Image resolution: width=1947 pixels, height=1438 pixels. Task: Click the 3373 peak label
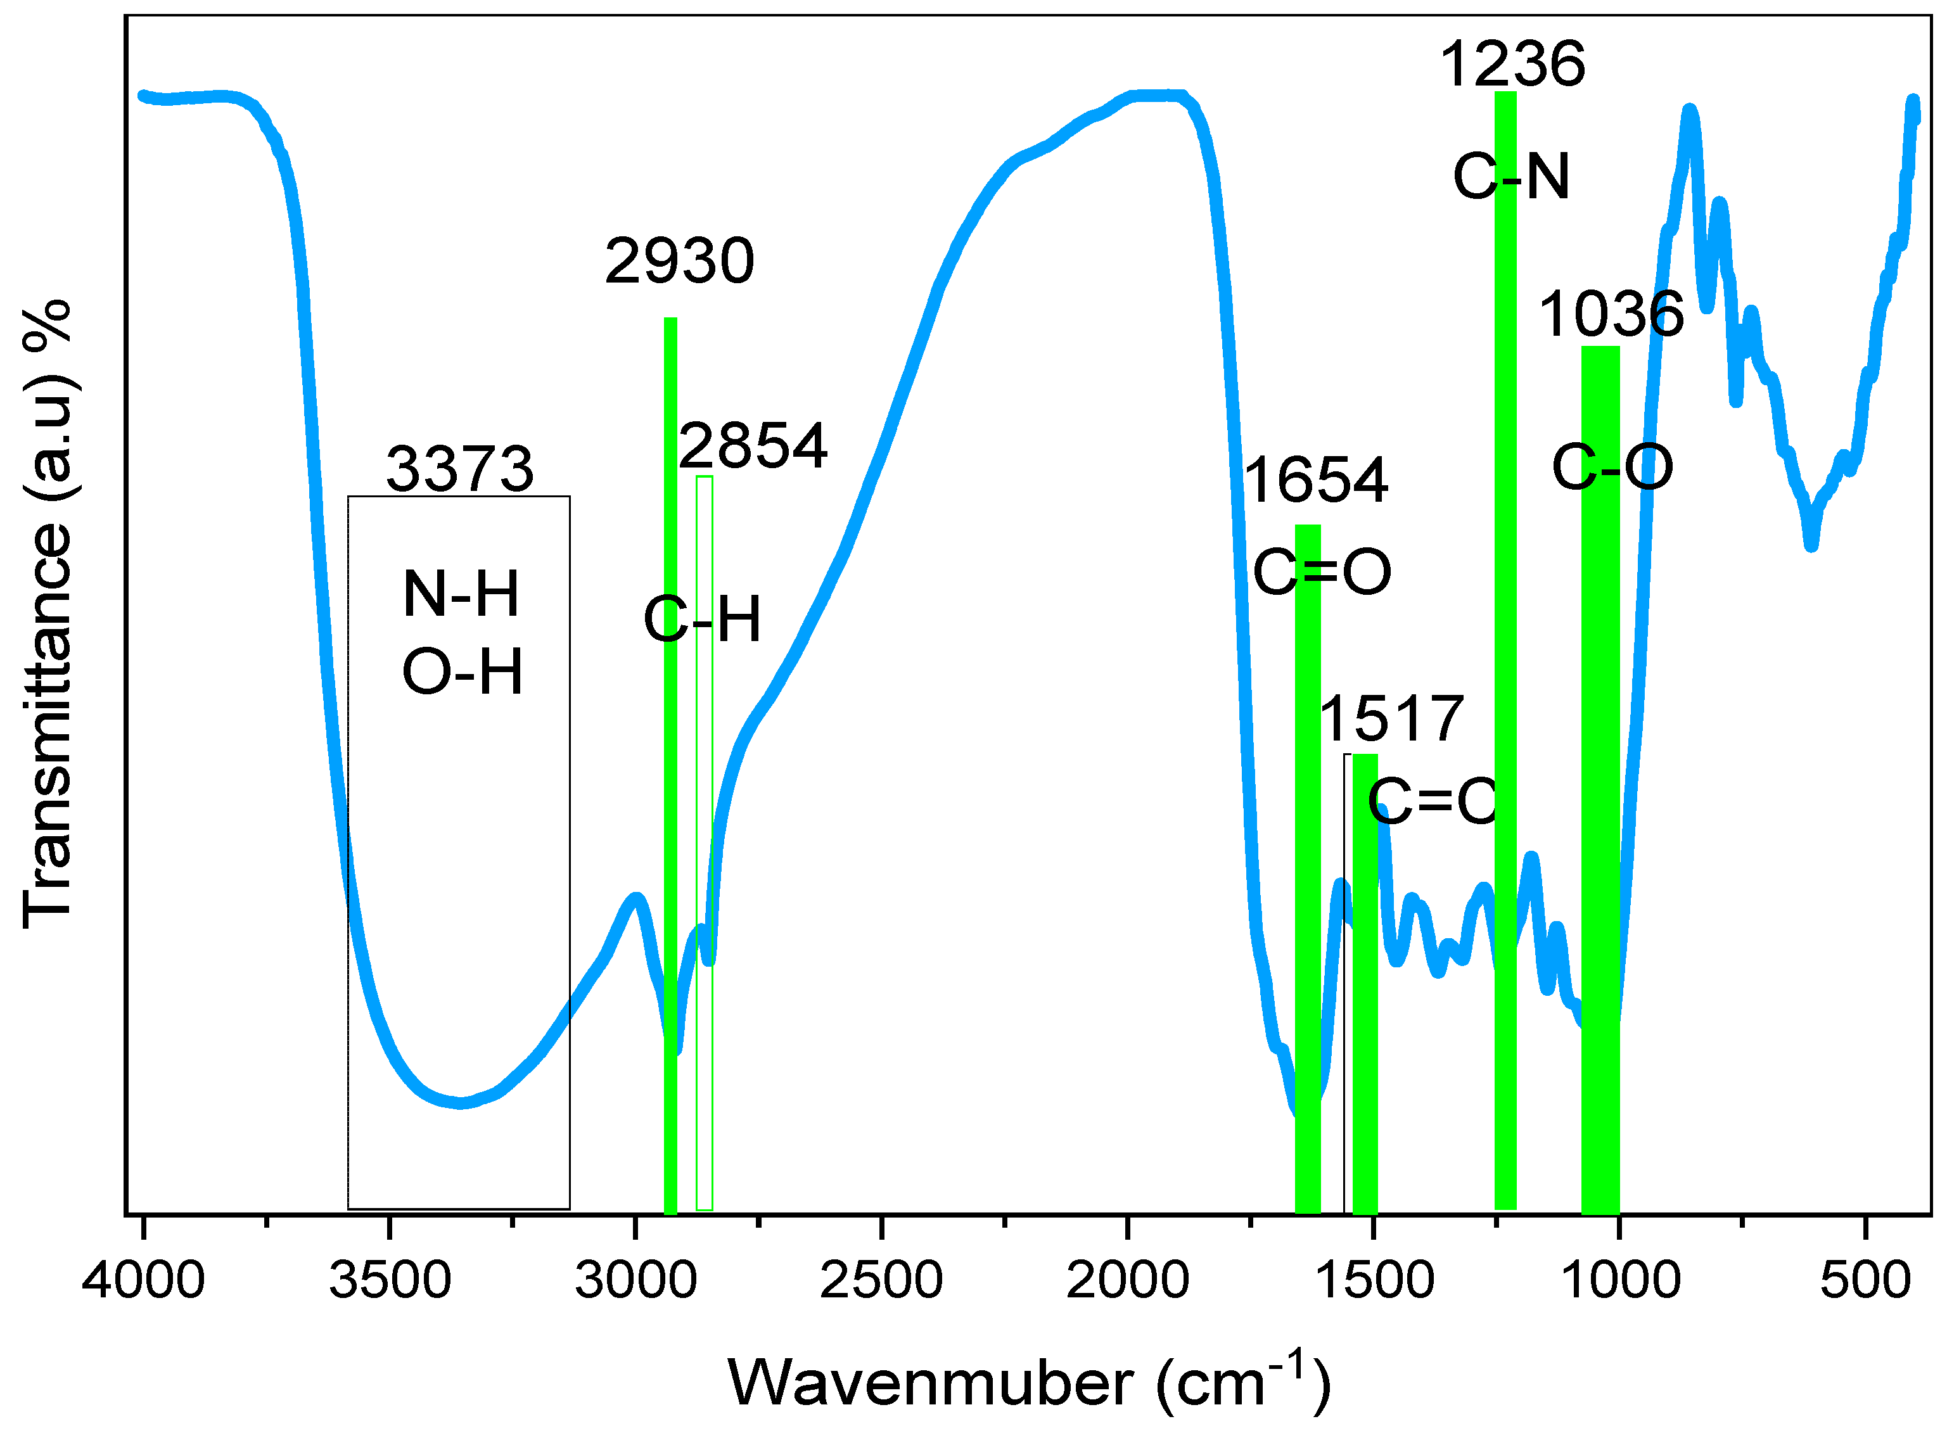(x=459, y=469)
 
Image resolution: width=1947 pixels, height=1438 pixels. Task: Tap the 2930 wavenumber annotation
(x=680, y=261)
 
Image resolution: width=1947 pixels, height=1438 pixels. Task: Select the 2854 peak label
(x=753, y=446)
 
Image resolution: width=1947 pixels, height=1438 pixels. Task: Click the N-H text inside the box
(x=461, y=595)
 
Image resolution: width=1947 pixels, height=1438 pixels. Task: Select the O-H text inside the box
(x=462, y=672)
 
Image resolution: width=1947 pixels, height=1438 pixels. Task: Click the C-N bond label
(x=1512, y=177)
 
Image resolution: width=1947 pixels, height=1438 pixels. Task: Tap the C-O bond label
(x=1612, y=468)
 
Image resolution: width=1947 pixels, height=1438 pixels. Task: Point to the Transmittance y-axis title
(x=48, y=614)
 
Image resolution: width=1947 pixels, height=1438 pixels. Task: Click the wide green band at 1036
(x=1600, y=784)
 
